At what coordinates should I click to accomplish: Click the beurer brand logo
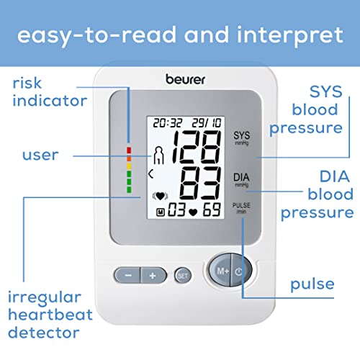pos(185,79)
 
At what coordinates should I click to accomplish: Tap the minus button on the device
pos(127,275)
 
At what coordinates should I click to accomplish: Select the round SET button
pos(183,276)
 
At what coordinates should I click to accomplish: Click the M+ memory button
pos(220,270)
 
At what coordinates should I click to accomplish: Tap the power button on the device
pos(241,271)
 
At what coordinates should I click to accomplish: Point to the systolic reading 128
pos(197,147)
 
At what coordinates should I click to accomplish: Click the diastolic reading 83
pos(201,183)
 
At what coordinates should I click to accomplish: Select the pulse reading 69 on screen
pos(212,210)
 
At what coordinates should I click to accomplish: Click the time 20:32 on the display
pos(168,123)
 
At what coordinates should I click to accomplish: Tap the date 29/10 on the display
pos(207,123)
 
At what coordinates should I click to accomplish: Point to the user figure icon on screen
pos(158,155)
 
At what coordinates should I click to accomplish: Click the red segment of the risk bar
pos(129,150)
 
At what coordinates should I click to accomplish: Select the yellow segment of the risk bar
pos(129,166)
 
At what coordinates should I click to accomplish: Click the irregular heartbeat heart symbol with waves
pos(161,196)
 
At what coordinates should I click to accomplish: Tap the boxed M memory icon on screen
pos(161,212)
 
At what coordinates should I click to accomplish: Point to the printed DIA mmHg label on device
pos(241,180)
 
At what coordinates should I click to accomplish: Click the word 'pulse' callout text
pos(312,285)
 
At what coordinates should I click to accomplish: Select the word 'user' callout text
pos(40,155)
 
